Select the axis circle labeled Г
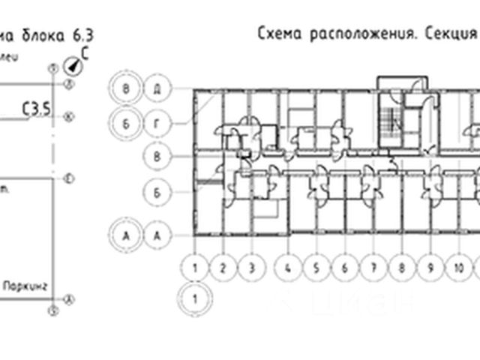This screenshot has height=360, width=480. point(157,121)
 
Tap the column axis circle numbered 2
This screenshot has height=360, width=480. point(223,267)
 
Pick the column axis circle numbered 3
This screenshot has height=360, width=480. point(252,267)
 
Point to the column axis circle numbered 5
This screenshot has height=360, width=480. point(316,267)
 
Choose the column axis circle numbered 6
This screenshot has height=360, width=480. point(344,267)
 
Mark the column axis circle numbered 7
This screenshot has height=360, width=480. point(373,267)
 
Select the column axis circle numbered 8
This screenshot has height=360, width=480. point(401,267)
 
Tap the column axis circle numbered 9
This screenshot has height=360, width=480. point(430,267)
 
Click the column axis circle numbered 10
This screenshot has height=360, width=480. point(458,267)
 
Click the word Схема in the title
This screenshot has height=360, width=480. point(279,34)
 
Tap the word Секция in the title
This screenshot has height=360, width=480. point(451,34)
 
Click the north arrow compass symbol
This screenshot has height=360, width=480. point(74,66)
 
